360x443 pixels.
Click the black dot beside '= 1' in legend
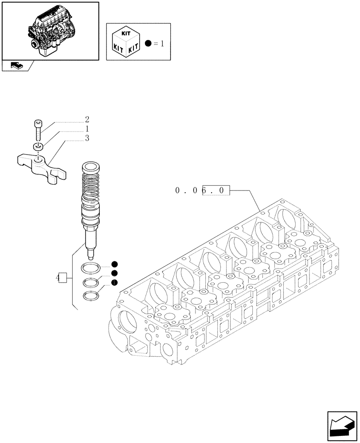pos(148,43)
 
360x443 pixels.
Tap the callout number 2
pos(87,119)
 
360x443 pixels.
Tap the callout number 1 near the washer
pos(87,128)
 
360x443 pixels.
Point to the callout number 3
pos(87,138)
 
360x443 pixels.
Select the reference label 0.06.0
pos(203,191)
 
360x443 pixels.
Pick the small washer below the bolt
pos(38,146)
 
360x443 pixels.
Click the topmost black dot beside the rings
pos(114,264)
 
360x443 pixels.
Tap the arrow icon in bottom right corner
pos(342,424)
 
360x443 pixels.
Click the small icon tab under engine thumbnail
pos(16,66)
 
